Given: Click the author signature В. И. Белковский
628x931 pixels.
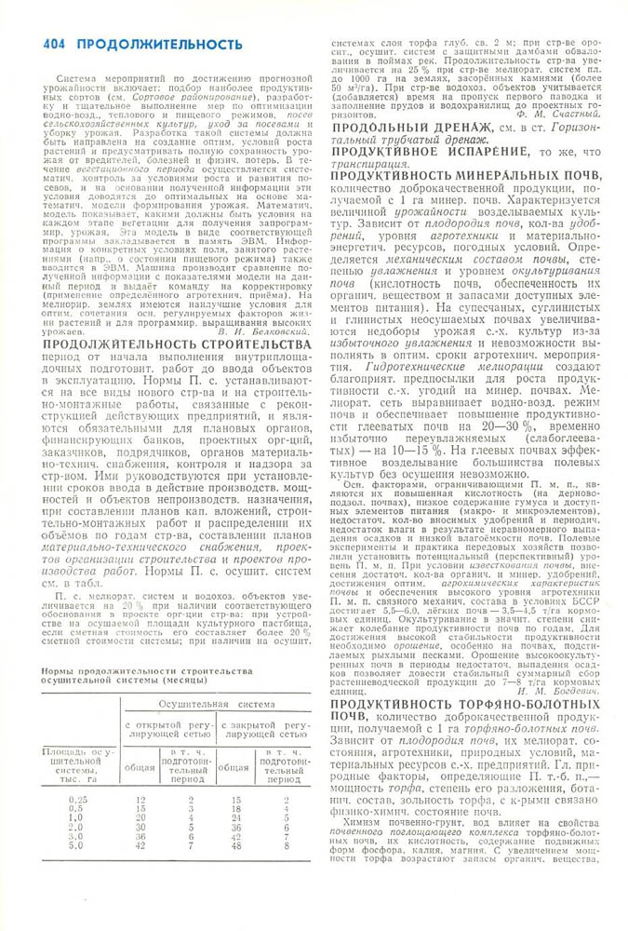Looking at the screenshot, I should click(x=261, y=331).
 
